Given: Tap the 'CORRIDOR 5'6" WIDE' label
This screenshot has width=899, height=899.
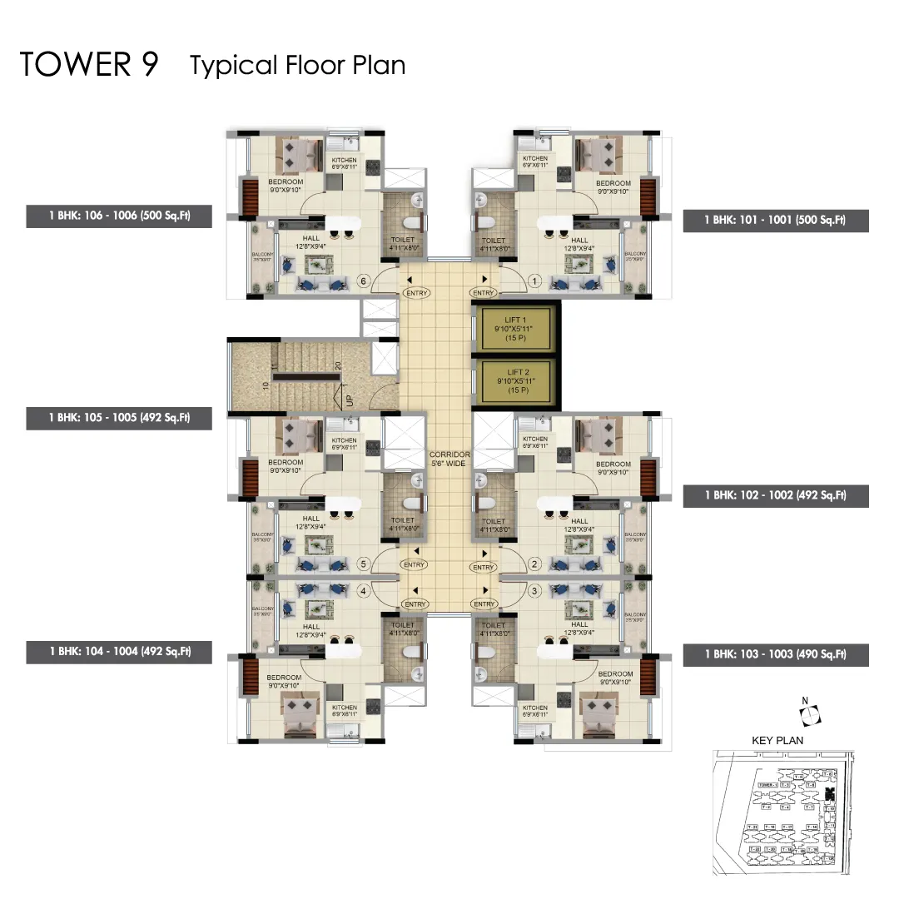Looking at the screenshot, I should pyautogui.click(x=449, y=459).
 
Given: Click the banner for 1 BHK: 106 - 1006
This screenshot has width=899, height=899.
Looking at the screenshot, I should pyautogui.click(x=119, y=216).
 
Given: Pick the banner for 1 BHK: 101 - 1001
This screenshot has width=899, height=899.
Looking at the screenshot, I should pyautogui.click(x=775, y=220).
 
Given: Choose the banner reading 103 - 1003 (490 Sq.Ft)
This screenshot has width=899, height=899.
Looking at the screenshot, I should pyautogui.click(x=775, y=654).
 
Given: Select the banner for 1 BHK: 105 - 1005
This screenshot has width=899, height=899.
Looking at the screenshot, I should pyautogui.click(x=119, y=417).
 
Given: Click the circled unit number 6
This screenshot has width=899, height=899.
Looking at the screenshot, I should pyautogui.click(x=363, y=281).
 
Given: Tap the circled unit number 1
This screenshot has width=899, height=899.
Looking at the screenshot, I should pyautogui.click(x=535, y=281).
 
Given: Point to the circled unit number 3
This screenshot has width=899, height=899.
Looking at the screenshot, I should pyautogui.click(x=535, y=591).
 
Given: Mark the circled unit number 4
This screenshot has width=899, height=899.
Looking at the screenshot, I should pyautogui.click(x=363, y=591).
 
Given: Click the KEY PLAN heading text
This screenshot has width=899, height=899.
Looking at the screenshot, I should pyautogui.click(x=777, y=739).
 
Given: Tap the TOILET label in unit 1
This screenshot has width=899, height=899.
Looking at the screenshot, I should pyautogui.click(x=493, y=243).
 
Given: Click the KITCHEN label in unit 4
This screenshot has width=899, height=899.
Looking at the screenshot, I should pyautogui.click(x=344, y=710).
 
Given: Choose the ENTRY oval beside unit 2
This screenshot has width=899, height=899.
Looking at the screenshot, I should pyautogui.click(x=484, y=568).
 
